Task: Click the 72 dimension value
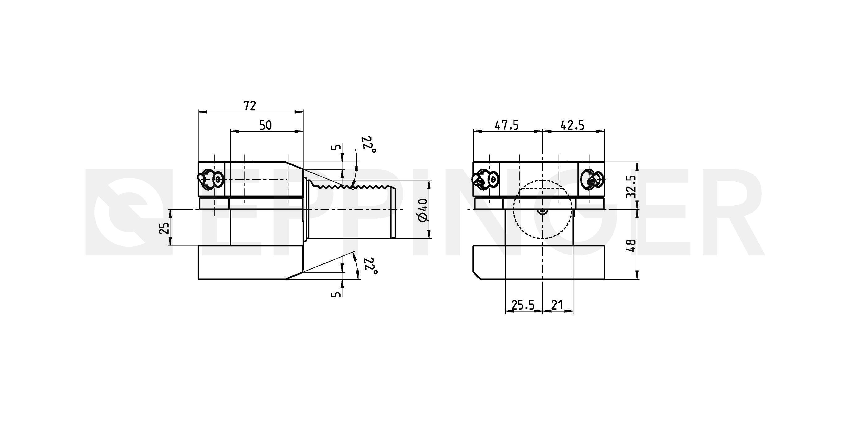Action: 250,106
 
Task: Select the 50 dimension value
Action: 266,126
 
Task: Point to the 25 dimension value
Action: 165,228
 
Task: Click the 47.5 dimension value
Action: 506,126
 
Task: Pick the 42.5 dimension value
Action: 572,126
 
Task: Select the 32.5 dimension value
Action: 631,186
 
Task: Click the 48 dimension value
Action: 631,246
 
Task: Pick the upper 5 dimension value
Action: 336,147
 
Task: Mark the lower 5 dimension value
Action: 336,293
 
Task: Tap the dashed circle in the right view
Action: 514,209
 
